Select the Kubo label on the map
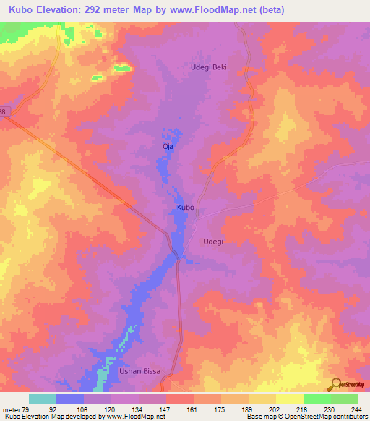point(186,208)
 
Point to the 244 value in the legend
point(357,409)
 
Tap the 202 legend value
point(275,409)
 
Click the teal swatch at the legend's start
point(43,399)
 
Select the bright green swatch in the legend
point(317,399)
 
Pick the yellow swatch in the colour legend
point(289,399)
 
